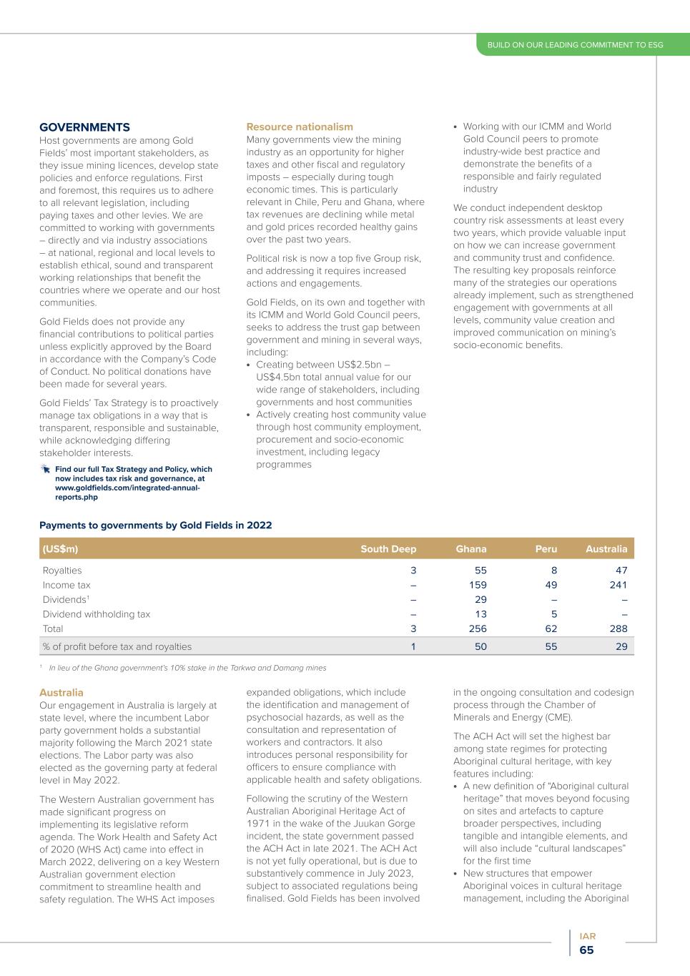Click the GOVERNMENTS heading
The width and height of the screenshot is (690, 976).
pos(84,127)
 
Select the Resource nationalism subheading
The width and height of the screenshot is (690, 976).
pos(300,127)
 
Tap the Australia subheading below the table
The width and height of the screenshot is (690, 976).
pos(61,693)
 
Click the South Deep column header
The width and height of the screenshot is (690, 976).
pos(388,549)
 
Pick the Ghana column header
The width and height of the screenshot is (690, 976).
pos(470,549)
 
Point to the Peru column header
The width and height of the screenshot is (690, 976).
pos(546,549)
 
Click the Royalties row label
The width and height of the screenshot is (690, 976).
pos(62,571)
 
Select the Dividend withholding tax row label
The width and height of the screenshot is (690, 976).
pos(97,614)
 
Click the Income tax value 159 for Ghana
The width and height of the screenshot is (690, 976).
pos(478,585)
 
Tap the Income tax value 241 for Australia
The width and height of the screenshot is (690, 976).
pos(618,585)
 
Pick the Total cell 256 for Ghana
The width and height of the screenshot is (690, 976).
pos(477,629)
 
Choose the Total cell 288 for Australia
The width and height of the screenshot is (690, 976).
pos(618,629)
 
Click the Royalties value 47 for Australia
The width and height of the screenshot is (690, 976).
pos(621,571)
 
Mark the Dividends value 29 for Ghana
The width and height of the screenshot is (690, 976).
pos(480,599)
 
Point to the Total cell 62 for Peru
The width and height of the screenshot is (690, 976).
pos(550,629)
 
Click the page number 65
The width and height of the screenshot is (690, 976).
pos(586,950)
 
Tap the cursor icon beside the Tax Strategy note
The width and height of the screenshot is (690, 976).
pos(46,469)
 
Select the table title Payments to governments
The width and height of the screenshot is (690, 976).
pos(155,525)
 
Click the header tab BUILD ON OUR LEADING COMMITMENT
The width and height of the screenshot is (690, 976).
pos(575,45)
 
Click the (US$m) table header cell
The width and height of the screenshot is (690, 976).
pos(61,549)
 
